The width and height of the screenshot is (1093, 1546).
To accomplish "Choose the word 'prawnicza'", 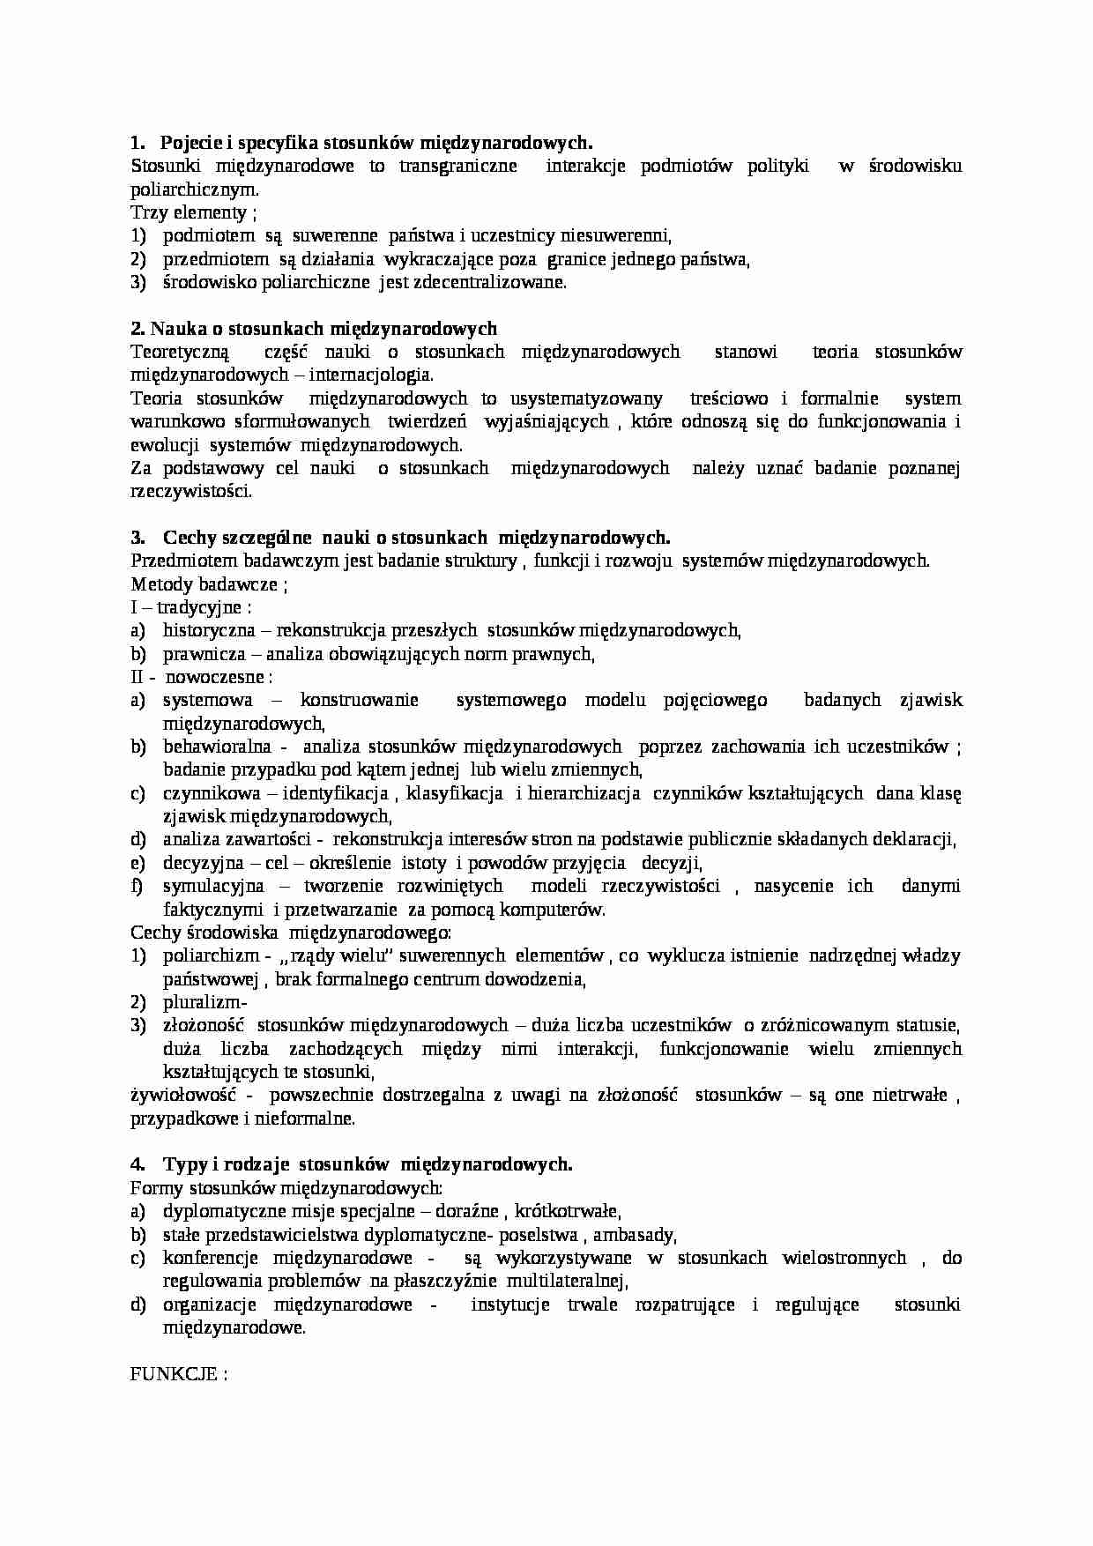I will (197, 654).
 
